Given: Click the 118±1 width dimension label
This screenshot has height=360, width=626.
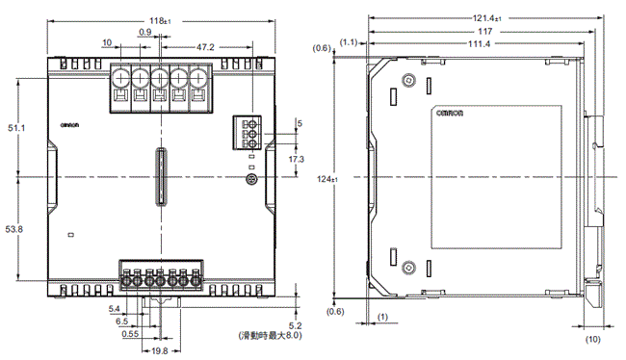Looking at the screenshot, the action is pyautogui.click(x=160, y=21).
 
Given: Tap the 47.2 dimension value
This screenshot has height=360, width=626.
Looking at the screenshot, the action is pyautogui.click(x=205, y=47).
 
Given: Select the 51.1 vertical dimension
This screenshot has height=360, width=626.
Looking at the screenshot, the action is pyautogui.click(x=16, y=128).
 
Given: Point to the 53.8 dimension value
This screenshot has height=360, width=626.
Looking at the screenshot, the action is pyautogui.click(x=14, y=229).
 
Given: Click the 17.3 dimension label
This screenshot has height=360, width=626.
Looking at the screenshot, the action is pyautogui.click(x=297, y=159).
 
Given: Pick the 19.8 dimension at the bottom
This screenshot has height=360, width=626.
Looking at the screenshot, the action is pyautogui.click(x=160, y=351).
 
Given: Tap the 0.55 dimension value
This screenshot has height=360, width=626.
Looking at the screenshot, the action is pyautogui.click(x=130, y=334).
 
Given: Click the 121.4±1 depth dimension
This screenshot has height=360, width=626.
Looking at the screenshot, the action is pyautogui.click(x=487, y=18).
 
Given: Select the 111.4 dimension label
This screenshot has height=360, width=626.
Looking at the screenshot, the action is pyautogui.click(x=479, y=44).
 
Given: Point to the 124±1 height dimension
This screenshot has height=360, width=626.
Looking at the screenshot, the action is pyautogui.click(x=327, y=179).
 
